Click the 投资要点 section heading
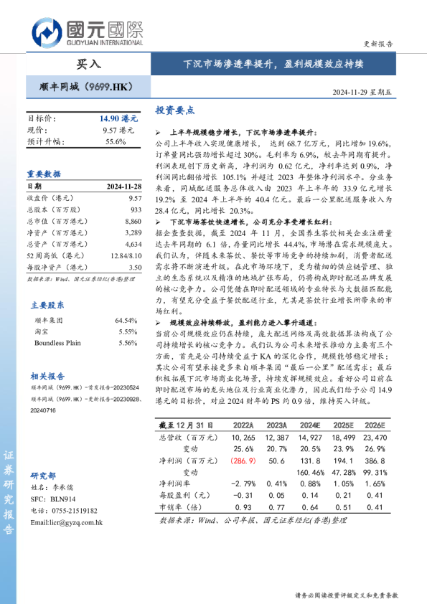(x=175, y=110)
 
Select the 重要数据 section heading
(x=44, y=174)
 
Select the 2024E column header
(x=310, y=425)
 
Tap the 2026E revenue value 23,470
(x=375, y=437)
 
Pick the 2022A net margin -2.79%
(x=244, y=484)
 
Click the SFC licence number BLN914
(x=62, y=499)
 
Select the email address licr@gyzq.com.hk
(x=67, y=522)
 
